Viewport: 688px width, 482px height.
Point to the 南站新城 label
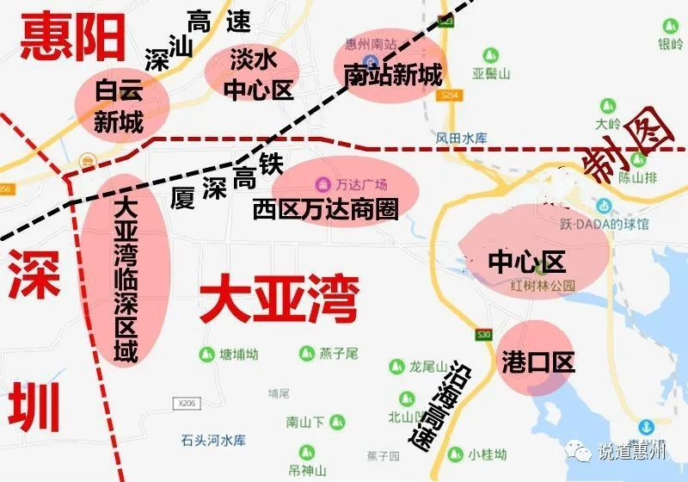[392, 74]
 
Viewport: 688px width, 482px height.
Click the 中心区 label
[525, 261]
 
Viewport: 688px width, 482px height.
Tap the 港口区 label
[537, 361]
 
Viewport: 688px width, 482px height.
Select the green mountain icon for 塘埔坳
[206, 354]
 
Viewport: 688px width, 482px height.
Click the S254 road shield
[447, 97]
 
